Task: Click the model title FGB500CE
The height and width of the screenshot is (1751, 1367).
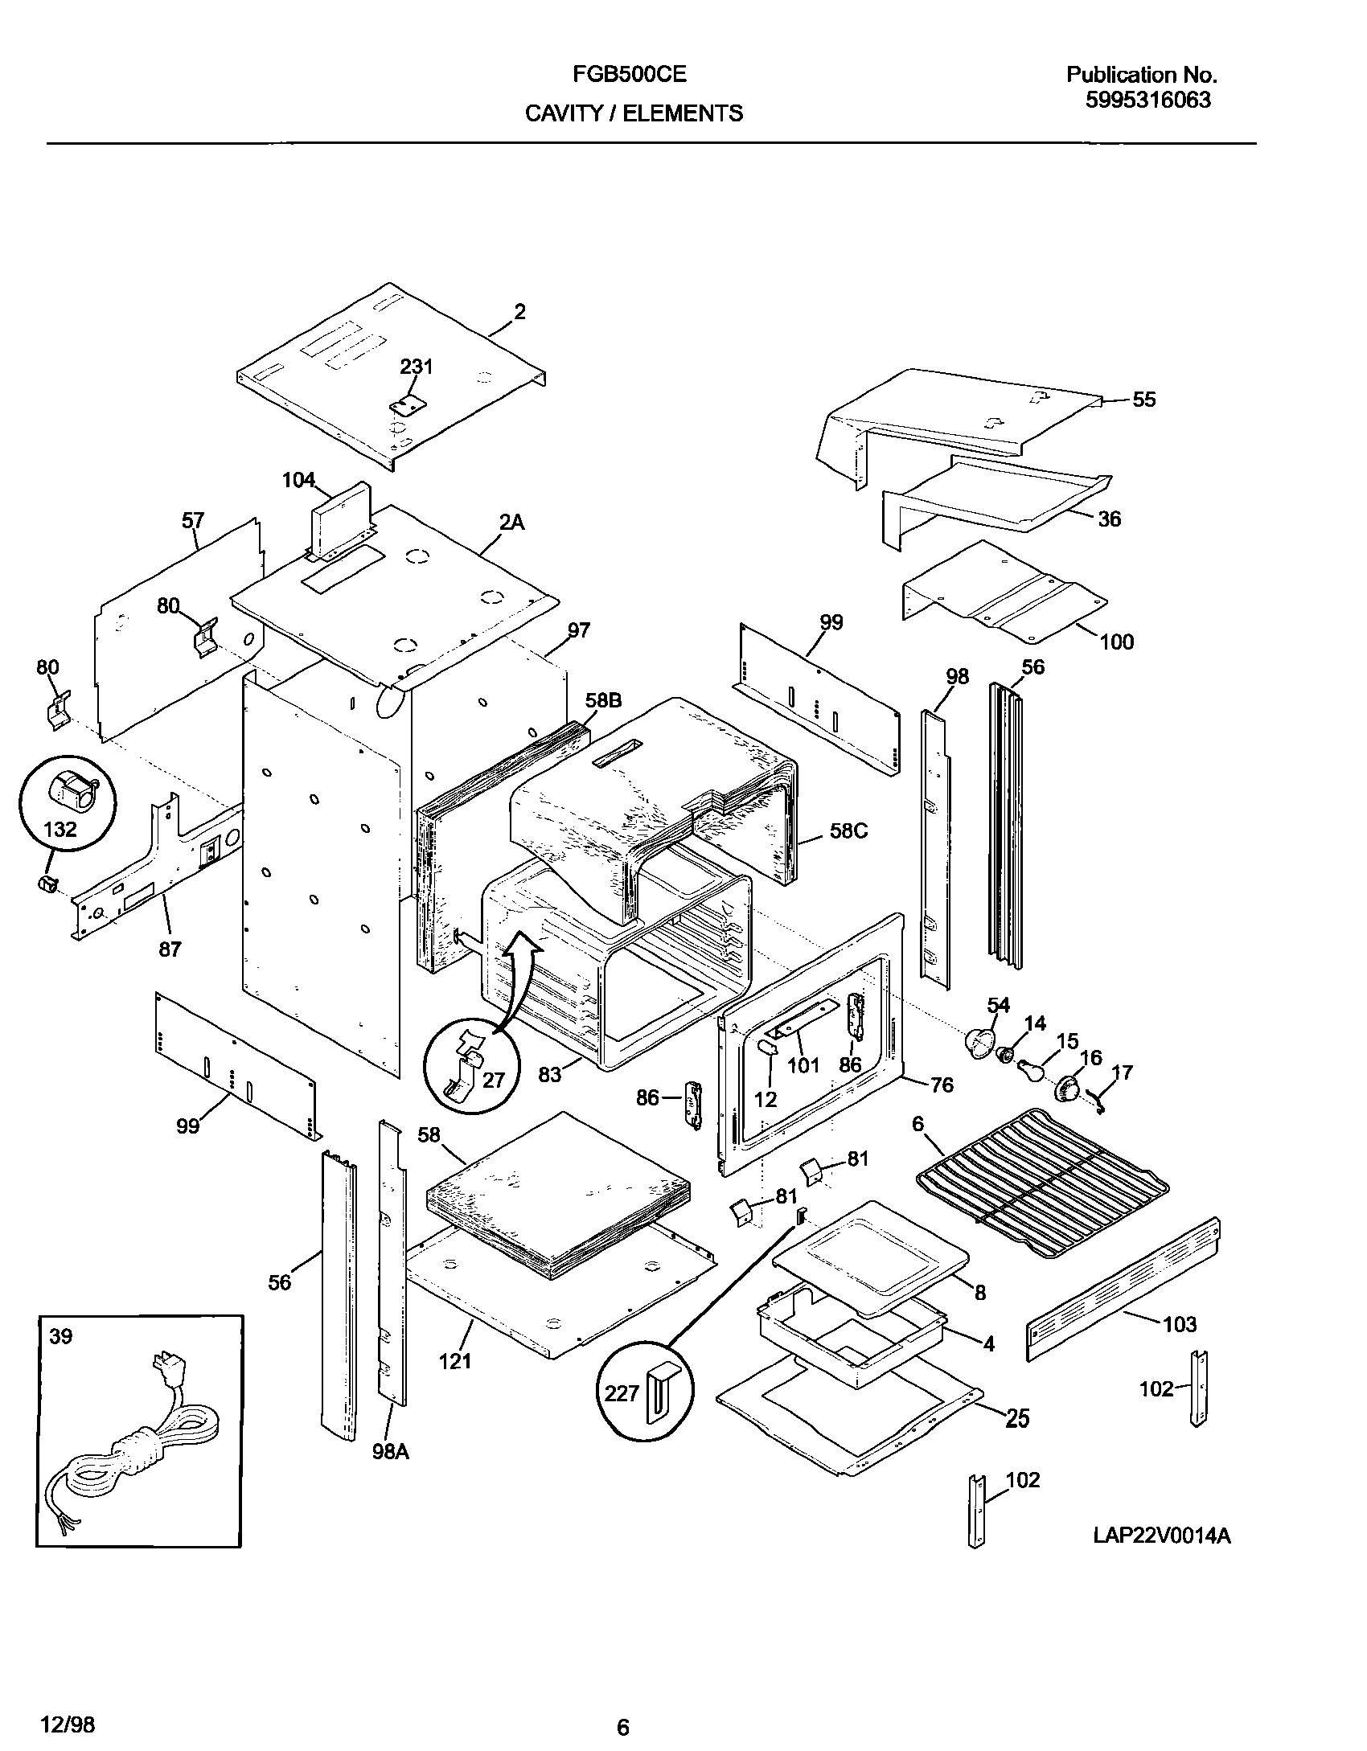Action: [630, 75]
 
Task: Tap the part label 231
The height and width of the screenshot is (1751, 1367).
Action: [417, 367]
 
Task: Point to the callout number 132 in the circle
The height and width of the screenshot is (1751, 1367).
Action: [60, 829]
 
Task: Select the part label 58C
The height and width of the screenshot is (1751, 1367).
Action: [849, 831]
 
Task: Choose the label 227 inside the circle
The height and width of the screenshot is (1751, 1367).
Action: [622, 1393]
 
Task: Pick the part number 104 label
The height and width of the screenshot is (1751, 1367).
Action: [298, 480]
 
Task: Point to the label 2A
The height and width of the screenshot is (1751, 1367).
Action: [511, 523]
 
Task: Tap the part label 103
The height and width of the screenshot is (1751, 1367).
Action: [1180, 1324]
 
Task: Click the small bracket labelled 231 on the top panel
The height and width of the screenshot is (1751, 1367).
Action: [407, 405]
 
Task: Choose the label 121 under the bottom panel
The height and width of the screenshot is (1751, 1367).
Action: [455, 1361]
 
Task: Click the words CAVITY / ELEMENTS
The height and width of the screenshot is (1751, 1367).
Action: [634, 114]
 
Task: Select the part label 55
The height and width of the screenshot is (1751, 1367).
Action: [1143, 400]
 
